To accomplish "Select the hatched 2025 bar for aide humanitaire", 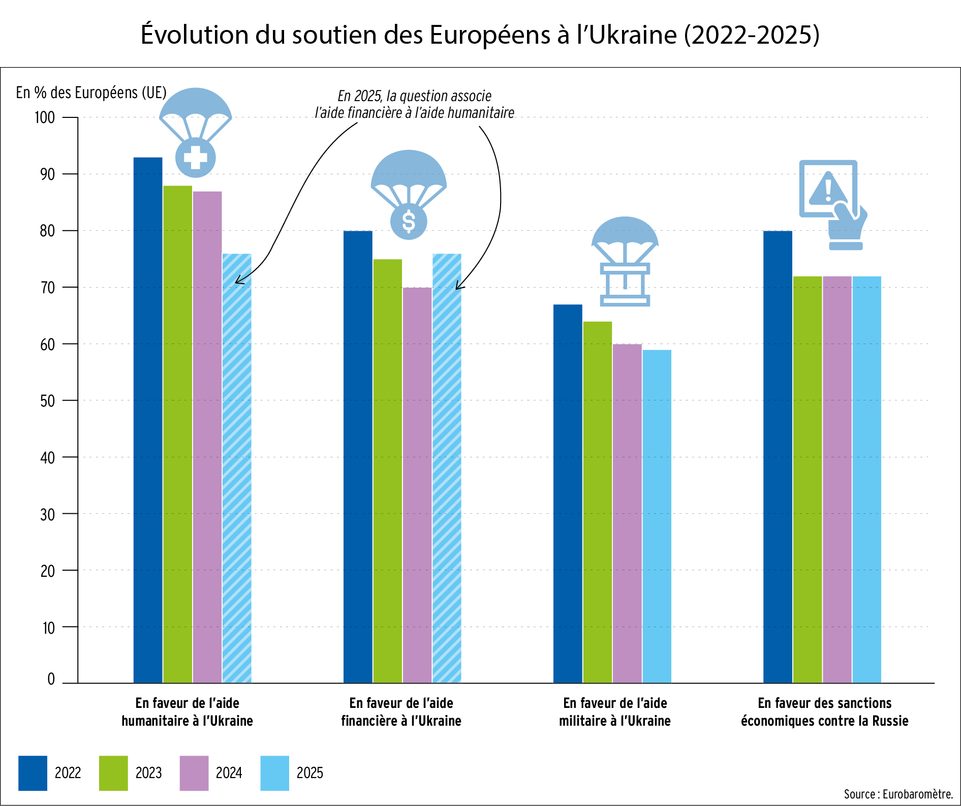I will (237, 468).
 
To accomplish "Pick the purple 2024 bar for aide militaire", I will (627, 513).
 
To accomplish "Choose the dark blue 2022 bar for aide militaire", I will (568, 493).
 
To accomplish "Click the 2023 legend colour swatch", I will (113, 773).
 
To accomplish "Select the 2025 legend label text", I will (309, 773).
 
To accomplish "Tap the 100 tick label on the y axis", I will (45, 118).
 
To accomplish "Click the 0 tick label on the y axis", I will (51, 679).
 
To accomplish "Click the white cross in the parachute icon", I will (196, 158).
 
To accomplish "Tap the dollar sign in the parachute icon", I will (409, 222).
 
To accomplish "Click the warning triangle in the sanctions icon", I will (828, 189).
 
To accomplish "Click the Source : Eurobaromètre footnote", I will (898, 794).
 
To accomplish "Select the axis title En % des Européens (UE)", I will (91, 92).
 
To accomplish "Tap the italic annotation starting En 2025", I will (414, 104).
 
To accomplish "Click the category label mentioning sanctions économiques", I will (824, 712).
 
